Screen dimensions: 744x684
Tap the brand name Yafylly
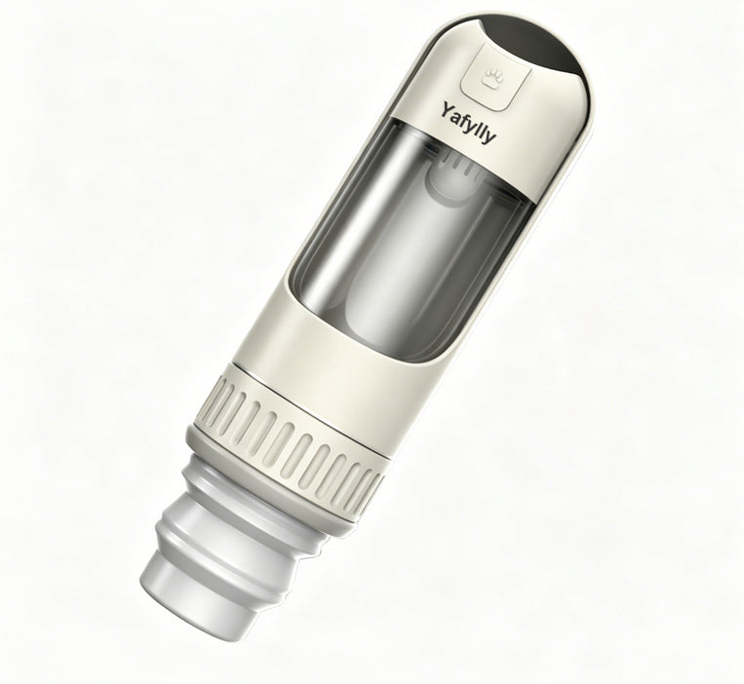tap(468, 123)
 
